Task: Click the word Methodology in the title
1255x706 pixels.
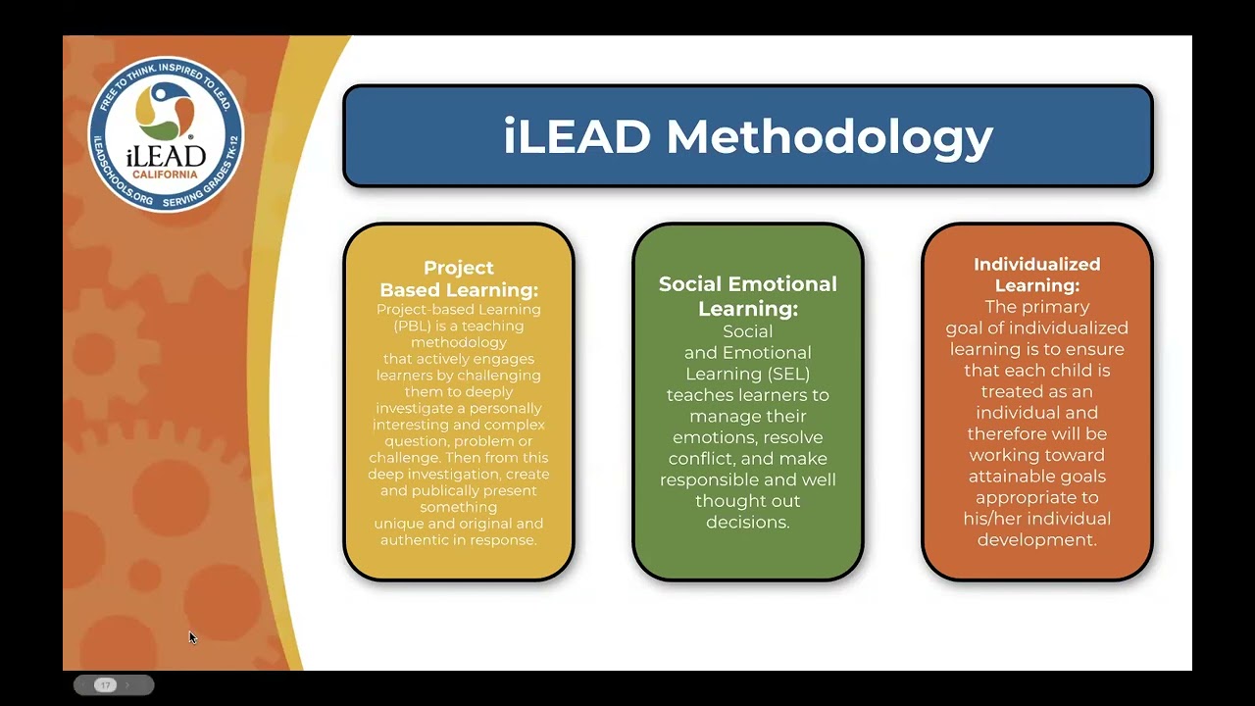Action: pyautogui.click(x=829, y=137)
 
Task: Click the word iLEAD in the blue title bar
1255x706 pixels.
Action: pyautogui.click(x=577, y=136)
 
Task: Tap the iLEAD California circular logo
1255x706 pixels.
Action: pyautogui.click(x=166, y=133)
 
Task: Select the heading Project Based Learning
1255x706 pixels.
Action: pyautogui.click(x=459, y=278)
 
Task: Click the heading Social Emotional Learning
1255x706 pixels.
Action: pyautogui.click(x=748, y=296)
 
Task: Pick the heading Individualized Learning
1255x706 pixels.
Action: pyautogui.click(x=1036, y=275)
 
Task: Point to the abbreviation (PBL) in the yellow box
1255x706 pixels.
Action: pyautogui.click(x=398, y=326)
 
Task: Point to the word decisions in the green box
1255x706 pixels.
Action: pyautogui.click(x=747, y=523)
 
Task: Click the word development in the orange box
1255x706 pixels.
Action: pyautogui.click(x=1036, y=540)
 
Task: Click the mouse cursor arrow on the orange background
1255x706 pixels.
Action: pyautogui.click(x=192, y=637)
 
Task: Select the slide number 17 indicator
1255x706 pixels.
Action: pyautogui.click(x=105, y=684)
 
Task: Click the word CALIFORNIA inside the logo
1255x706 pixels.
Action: pyautogui.click(x=166, y=175)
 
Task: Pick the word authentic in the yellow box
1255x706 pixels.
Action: pyautogui.click(x=416, y=540)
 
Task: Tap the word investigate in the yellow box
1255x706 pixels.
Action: pyautogui.click(x=417, y=408)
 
